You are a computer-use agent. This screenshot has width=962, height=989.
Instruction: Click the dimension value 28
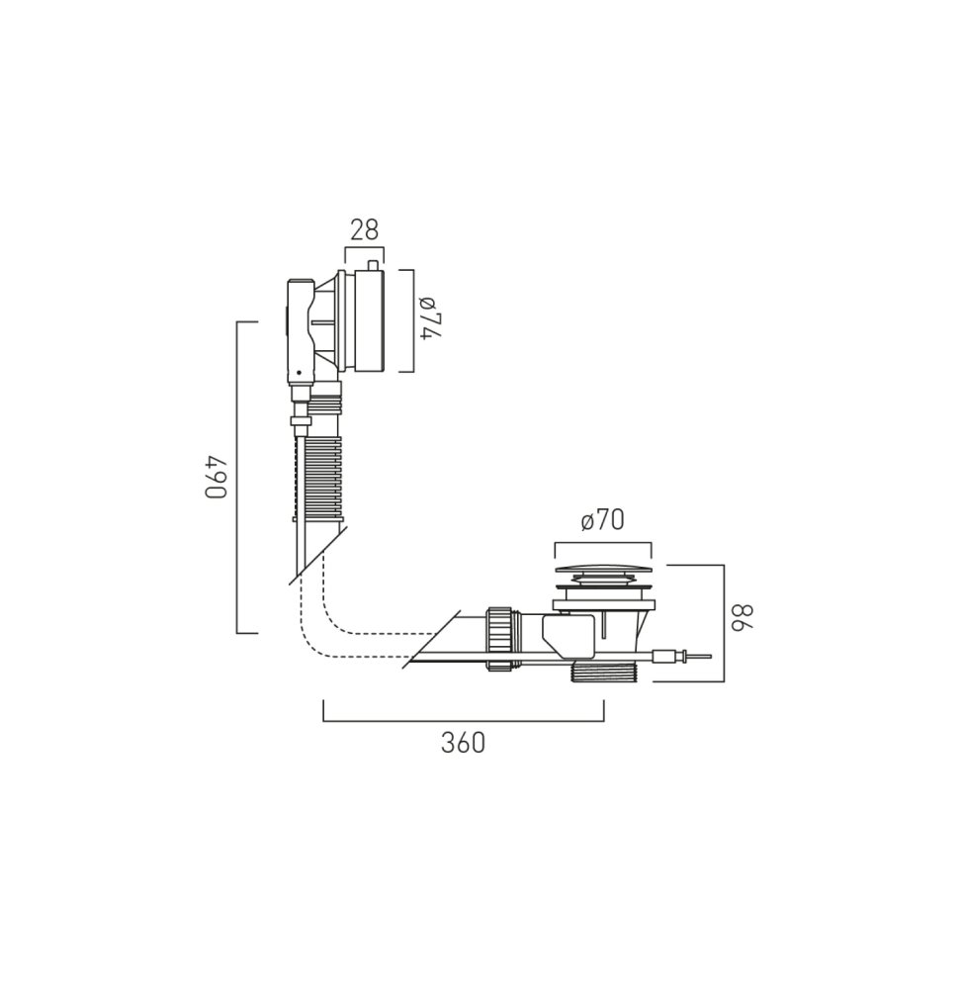tap(365, 230)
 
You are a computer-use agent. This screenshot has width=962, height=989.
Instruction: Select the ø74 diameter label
tap(430, 316)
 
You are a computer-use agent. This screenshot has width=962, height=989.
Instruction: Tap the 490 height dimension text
tap(216, 477)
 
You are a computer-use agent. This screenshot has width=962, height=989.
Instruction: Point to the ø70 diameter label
tap(603, 520)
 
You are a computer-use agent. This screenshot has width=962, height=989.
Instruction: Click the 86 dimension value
tap(742, 617)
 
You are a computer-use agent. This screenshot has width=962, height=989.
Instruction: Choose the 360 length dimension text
tap(464, 743)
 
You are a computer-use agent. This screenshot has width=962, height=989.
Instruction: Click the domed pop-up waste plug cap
tap(603, 570)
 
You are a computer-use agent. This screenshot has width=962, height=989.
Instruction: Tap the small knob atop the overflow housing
tap(373, 265)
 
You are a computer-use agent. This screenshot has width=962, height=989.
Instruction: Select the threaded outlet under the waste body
tap(604, 672)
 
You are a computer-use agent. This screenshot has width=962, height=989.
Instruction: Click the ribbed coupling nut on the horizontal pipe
tap(498, 638)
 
